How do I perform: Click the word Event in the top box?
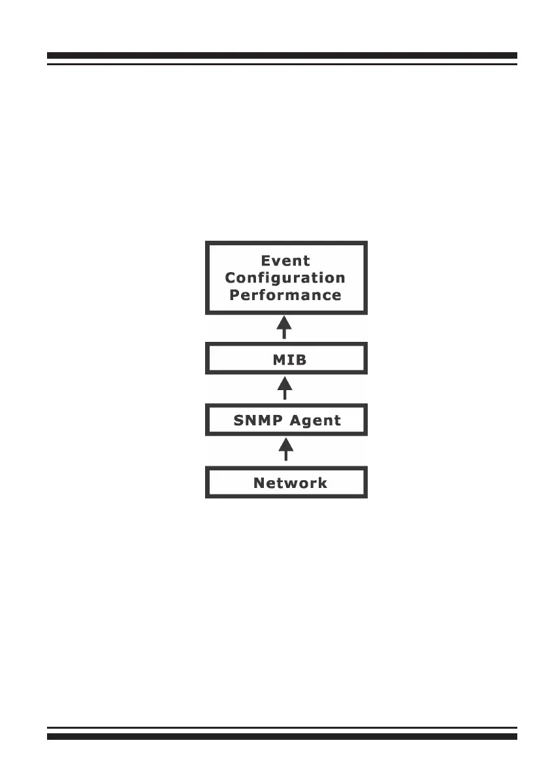pyautogui.click(x=285, y=261)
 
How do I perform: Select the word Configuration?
pyautogui.click(x=285, y=278)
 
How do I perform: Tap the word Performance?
pyautogui.click(x=285, y=295)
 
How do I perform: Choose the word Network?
pyautogui.click(x=290, y=483)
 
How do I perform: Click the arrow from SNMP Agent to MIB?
pyautogui.click(x=284, y=388)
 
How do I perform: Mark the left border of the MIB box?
pyautogui.click(x=207, y=359)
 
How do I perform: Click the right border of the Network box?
pyautogui.click(x=365, y=483)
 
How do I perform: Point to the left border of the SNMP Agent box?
pyautogui.click(x=207, y=419)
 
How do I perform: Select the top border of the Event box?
pyautogui.click(x=286, y=243)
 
